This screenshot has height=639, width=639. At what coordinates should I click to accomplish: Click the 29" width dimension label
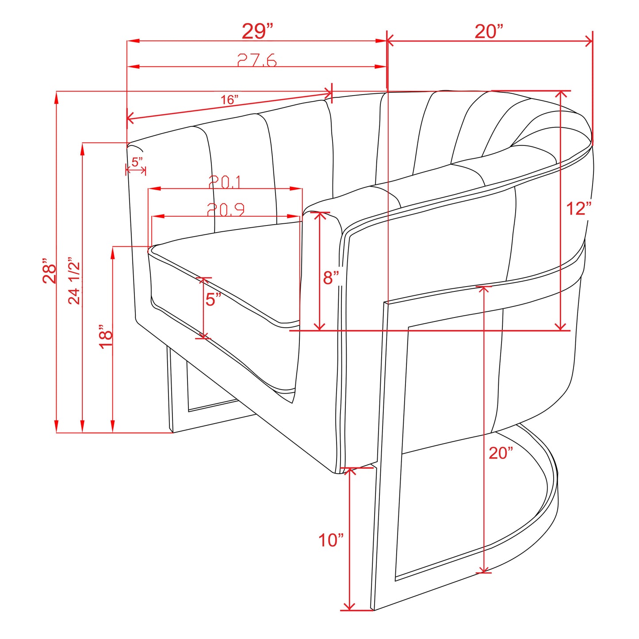[257, 31]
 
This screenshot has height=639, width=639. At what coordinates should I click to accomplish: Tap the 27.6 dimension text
[257, 60]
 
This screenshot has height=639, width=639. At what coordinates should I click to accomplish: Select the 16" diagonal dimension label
[230, 100]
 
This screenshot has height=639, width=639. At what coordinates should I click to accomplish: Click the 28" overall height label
[50, 271]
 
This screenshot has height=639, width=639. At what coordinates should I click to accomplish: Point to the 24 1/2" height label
[75, 280]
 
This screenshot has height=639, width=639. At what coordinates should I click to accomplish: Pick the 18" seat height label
[106, 337]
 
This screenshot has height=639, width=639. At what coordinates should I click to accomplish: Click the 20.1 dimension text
[225, 181]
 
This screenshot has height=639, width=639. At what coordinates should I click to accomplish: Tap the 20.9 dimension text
[226, 209]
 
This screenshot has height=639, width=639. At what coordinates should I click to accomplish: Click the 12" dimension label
[578, 208]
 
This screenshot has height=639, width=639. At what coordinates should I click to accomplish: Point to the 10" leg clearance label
[331, 540]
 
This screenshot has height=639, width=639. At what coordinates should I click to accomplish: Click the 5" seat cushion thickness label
[213, 299]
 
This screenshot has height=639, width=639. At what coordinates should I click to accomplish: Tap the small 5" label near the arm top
[137, 162]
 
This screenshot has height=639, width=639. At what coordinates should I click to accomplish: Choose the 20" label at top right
[489, 31]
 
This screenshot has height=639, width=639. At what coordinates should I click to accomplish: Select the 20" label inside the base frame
[501, 453]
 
